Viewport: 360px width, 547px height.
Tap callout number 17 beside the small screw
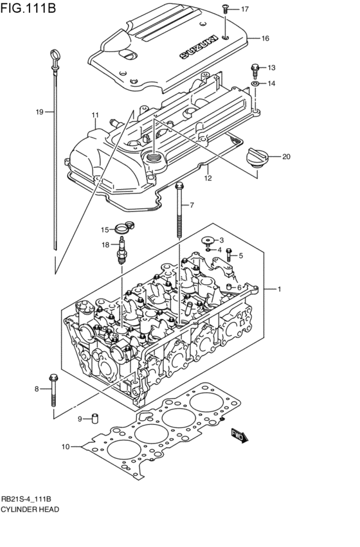tap(245, 9)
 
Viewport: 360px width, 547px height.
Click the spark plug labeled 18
tap(120, 253)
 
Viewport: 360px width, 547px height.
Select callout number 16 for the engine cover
tap(264, 39)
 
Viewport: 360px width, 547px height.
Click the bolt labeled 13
tap(255, 67)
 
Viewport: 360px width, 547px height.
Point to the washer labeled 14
tap(255, 84)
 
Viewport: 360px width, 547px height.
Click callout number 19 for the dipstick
tap(39, 112)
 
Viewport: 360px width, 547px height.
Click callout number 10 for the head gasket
tap(65, 446)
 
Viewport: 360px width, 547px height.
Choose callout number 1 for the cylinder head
tap(279, 289)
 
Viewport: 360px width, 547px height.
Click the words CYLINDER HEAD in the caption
tap(30, 509)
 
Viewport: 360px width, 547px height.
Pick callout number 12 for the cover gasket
tap(208, 178)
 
